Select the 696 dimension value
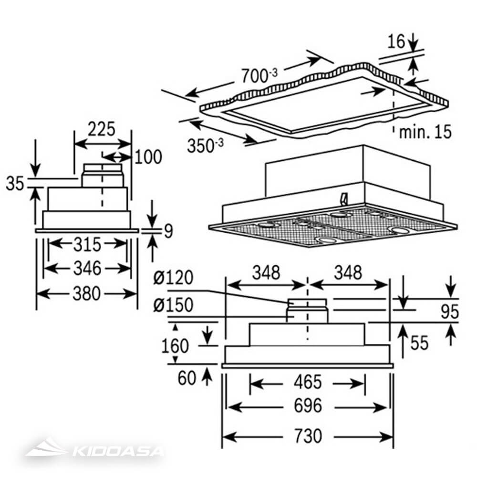308,405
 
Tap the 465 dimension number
308,382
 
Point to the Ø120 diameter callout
173,278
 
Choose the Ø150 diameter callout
173,304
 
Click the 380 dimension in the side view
86,294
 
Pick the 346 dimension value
87,268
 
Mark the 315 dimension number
87,244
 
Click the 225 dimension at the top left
101,129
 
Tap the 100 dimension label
148,157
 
